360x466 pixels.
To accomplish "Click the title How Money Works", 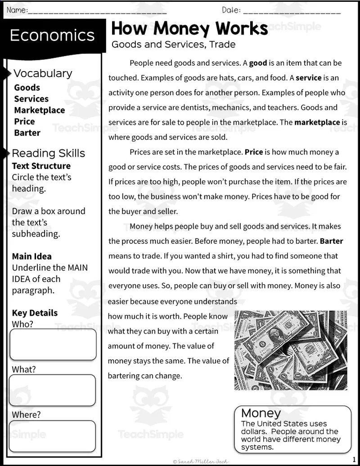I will click(189, 29).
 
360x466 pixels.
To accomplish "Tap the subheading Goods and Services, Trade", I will click(173, 45).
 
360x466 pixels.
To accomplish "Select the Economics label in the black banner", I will click(52, 36).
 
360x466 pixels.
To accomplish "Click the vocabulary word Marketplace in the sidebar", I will click(40, 110).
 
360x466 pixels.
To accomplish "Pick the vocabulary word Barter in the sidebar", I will click(27, 133).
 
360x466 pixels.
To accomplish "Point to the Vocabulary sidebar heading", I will click(43, 73).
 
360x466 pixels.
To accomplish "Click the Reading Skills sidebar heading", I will click(48, 153).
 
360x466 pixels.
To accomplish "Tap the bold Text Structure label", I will click(41, 166).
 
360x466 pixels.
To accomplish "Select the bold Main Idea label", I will click(32, 256).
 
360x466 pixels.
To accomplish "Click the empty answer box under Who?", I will click(53, 345).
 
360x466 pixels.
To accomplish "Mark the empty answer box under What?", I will click(52, 390).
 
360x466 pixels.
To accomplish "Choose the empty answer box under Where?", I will click(52, 436).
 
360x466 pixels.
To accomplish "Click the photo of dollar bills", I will click(291, 350).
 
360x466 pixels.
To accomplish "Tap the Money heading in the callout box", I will click(261, 413).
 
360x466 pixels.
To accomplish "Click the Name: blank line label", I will click(17, 10).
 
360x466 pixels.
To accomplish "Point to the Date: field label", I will click(231, 10).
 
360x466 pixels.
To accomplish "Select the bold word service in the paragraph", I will click(308, 78).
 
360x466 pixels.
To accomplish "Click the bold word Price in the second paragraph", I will click(254, 152).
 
